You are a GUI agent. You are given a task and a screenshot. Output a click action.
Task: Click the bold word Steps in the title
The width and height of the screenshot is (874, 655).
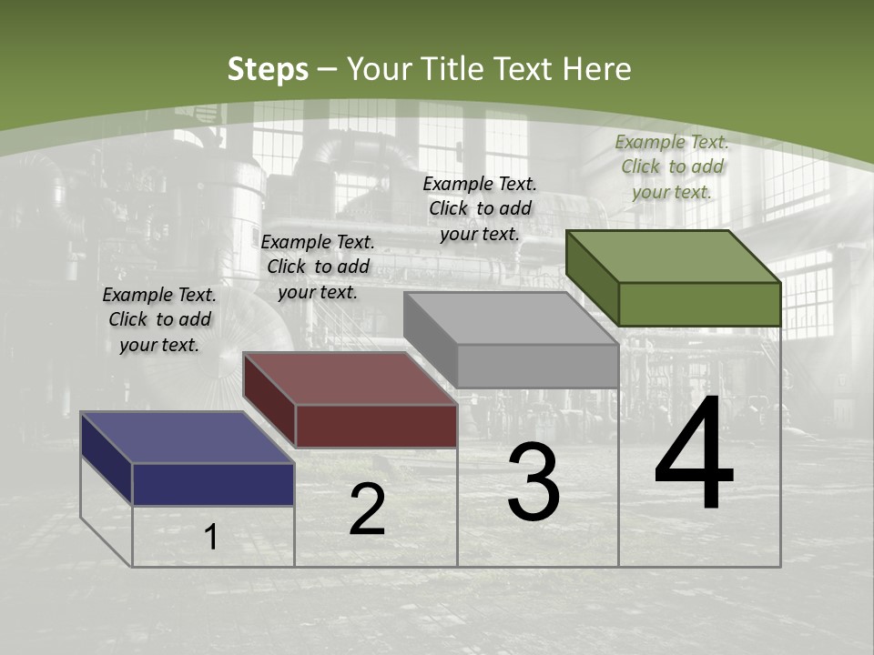pos(268,70)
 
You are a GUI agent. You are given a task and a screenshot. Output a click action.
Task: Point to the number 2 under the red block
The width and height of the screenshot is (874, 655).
pos(367,509)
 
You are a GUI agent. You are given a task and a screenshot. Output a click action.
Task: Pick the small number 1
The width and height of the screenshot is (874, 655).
pos(211,537)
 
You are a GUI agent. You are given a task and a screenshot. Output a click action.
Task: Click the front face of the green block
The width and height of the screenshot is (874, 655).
pos(699,304)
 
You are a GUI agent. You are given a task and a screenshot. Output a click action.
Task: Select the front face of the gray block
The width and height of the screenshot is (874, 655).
pos(537,366)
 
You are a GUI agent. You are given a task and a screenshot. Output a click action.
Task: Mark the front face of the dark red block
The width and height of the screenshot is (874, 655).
pos(376,426)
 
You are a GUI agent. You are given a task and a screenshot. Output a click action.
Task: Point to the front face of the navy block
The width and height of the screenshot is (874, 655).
pos(213,484)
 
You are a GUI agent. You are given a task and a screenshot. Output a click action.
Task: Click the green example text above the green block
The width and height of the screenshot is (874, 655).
pos(672,166)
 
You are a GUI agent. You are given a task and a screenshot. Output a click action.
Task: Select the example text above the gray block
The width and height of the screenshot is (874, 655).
pos(480,208)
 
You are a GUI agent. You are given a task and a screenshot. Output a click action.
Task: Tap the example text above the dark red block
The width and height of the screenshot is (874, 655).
pos(318,267)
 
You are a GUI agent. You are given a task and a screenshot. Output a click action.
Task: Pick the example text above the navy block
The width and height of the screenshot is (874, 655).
pos(159,319)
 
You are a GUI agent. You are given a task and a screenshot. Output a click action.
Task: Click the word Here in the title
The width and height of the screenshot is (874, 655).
pos(596,69)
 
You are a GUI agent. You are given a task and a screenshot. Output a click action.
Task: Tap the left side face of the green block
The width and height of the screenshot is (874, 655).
pos(592,277)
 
